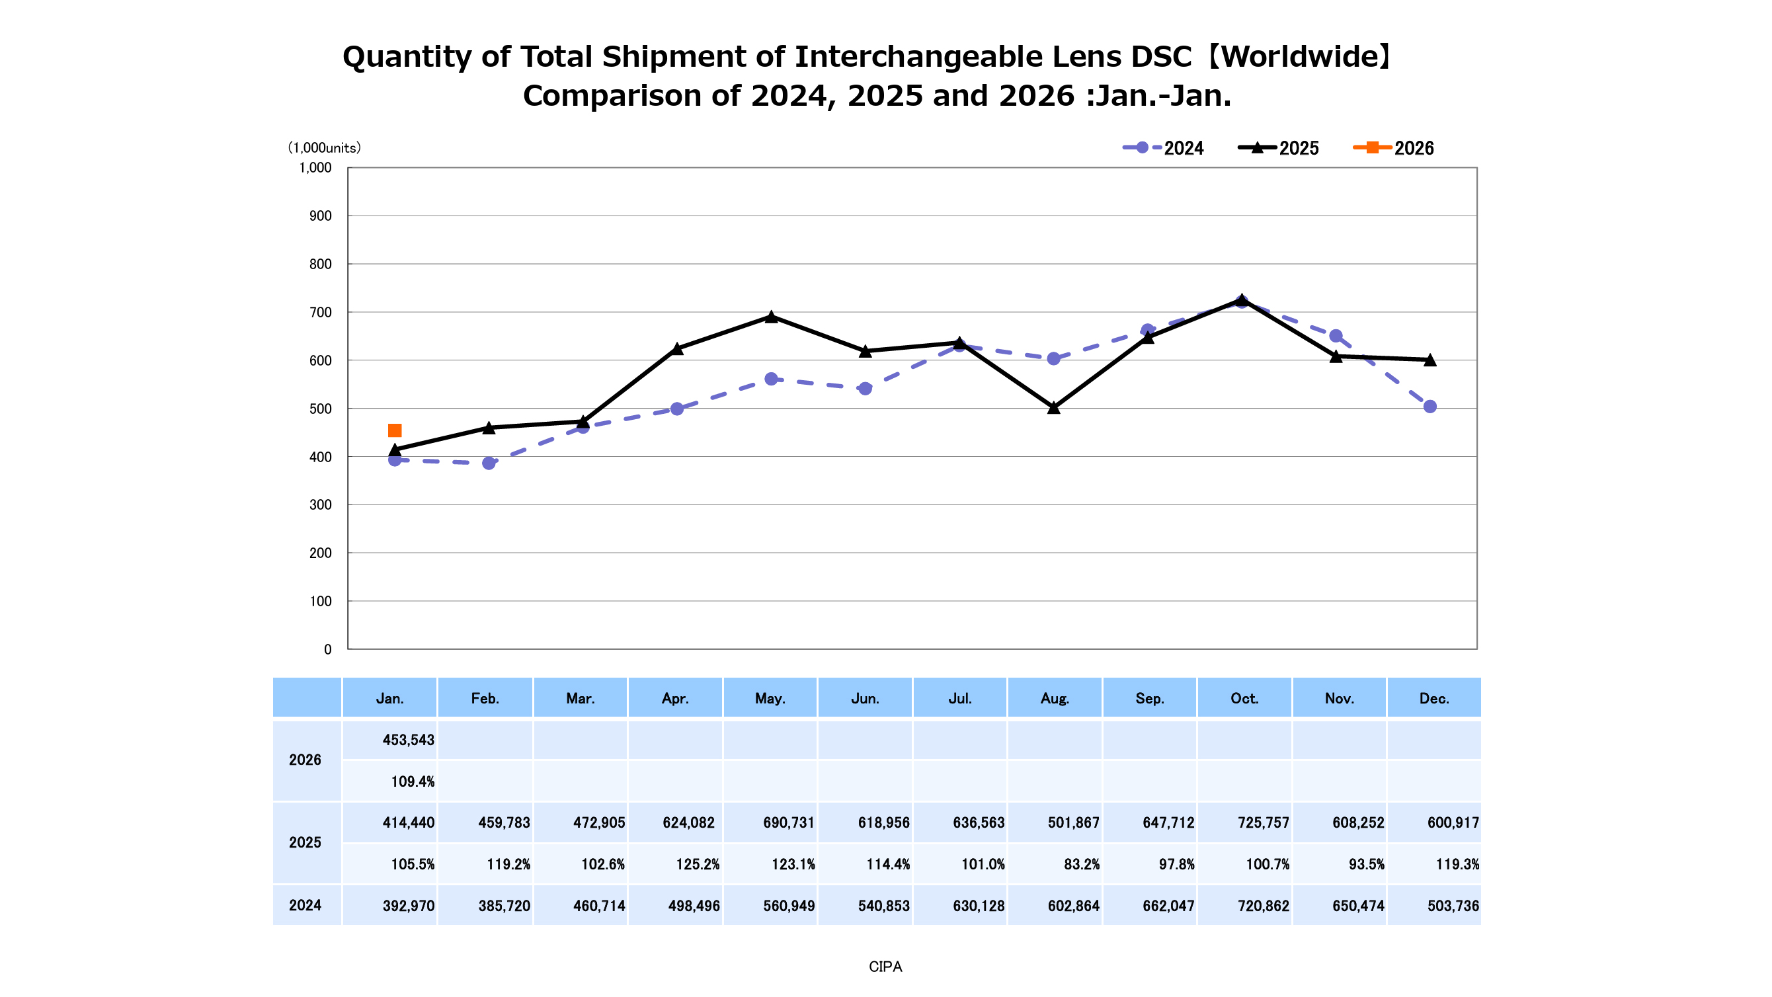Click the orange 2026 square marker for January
tap(395, 430)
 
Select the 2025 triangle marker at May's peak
tap(771, 317)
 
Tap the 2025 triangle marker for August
tap(1053, 408)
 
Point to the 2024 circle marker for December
tap(1430, 407)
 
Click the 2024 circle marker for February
tap(489, 463)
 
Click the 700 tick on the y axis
tap(320, 312)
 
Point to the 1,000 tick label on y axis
tap(315, 168)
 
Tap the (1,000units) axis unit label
tap(324, 148)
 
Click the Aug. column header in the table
tap(1055, 698)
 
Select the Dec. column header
tap(1433, 698)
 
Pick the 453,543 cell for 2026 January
tap(408, 740)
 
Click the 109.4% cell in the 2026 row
tap(412, 781)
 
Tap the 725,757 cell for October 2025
tap(1263, 823)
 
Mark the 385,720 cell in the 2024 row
tap(504, 906)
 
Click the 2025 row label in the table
tap(305, 843)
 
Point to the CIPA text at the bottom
tap(885, 967)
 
